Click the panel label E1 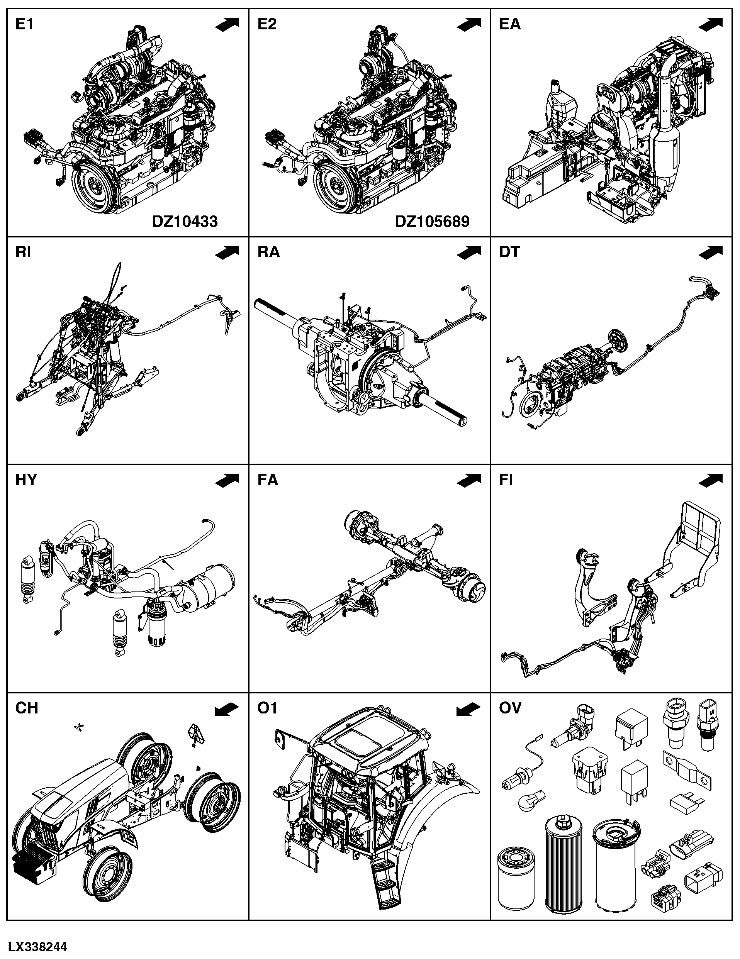coord(24,24)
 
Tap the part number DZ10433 coord(185,222)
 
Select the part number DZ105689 coord(432,222)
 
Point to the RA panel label coord(269,252)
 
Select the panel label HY coord(26,480)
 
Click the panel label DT coord(509,252)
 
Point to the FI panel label coord(506,480)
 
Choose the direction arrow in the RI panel coord(227,252)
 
